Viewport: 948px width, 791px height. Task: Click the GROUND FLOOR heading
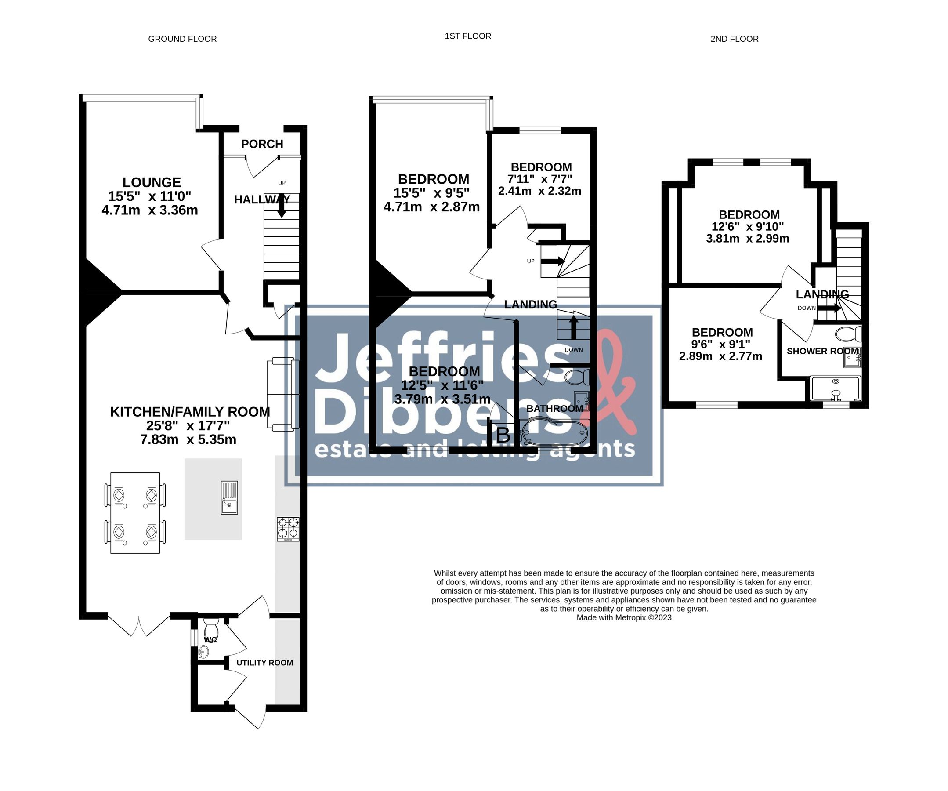coord(182,39)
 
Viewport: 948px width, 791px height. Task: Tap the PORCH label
coord(262,144)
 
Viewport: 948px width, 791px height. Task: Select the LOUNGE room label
coord(152,182)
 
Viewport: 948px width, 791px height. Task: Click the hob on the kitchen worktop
coord(288,529)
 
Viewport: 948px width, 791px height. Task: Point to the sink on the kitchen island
coord(229,497)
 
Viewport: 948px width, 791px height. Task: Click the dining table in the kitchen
coord(135,513)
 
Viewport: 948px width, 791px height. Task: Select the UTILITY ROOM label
coord(264,663)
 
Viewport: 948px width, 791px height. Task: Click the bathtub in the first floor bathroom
coord(554,432)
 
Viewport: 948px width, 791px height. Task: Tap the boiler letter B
coord(503,435)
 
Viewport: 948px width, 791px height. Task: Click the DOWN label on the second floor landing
coord(806,308)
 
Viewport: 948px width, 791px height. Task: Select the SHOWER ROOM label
coord(822,351)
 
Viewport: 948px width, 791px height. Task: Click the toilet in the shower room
coord(848,334)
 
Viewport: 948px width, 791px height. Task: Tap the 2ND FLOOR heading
coord(734,39)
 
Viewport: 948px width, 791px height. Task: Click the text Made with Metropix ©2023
coord(623,617)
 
